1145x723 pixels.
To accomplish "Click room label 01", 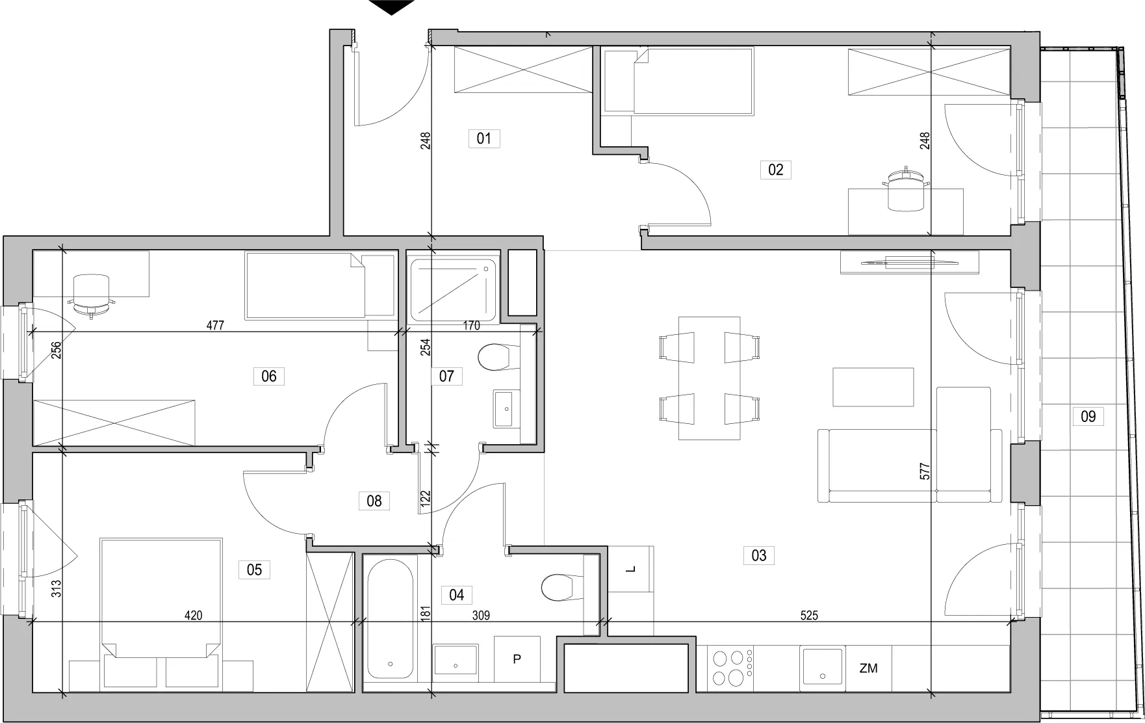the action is click(484, 138).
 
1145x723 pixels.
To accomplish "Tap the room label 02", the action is click(776, 170).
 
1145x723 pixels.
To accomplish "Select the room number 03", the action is click(759, 555).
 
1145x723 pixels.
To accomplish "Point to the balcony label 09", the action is click(1088, 416).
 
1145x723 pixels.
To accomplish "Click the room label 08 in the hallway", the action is click(374, 501).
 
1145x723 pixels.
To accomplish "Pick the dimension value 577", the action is click(925, 471).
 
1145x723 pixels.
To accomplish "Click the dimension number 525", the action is click(809, 615).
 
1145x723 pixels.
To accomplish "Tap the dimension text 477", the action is click(215, 326).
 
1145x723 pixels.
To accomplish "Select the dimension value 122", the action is click(426, 499).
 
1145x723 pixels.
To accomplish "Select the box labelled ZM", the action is click(868, 668).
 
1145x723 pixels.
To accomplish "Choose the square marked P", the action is click(517, 659).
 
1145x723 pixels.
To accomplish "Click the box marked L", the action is click(631, 570).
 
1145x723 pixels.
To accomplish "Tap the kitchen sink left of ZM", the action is click(823, 665).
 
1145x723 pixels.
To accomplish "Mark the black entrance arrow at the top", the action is click(391, 7).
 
